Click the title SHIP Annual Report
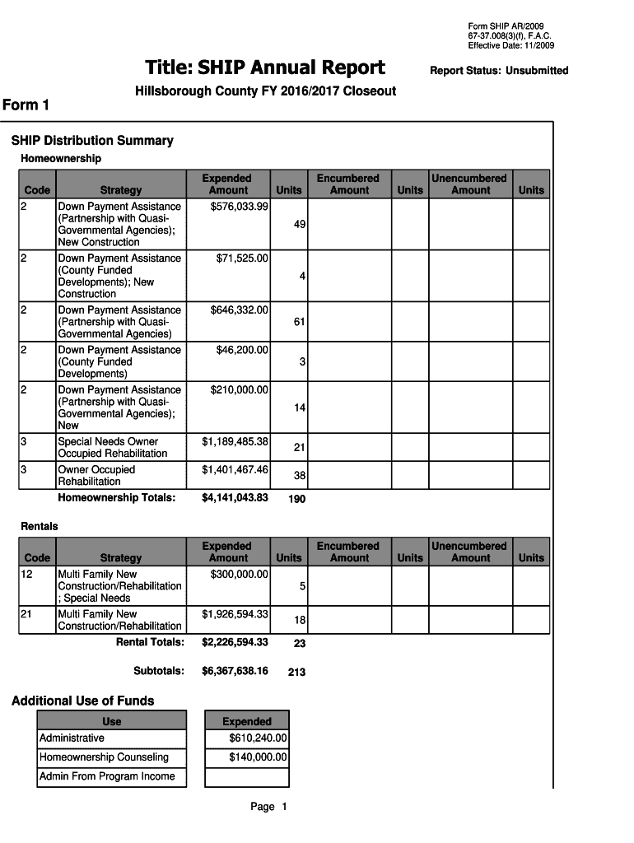(265, 68)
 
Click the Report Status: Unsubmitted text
(499, 71)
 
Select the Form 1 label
(26, 105)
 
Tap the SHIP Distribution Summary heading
(92, 141)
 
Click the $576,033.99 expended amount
(239, 206)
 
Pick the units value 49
(300, 224)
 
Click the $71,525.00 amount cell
(242, 258)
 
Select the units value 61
(300, 322)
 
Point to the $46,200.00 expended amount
(242, 350)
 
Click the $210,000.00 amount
(239, 389)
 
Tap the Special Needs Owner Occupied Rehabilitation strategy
(112, 448)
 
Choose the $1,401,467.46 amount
(235, 469)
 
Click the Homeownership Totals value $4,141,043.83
(235, 497)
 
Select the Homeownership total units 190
(296, 499)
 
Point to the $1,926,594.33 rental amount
(235, 613)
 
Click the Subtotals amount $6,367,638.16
(235, 671)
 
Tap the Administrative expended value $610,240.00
(258, 738)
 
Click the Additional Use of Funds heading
(82, 701)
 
